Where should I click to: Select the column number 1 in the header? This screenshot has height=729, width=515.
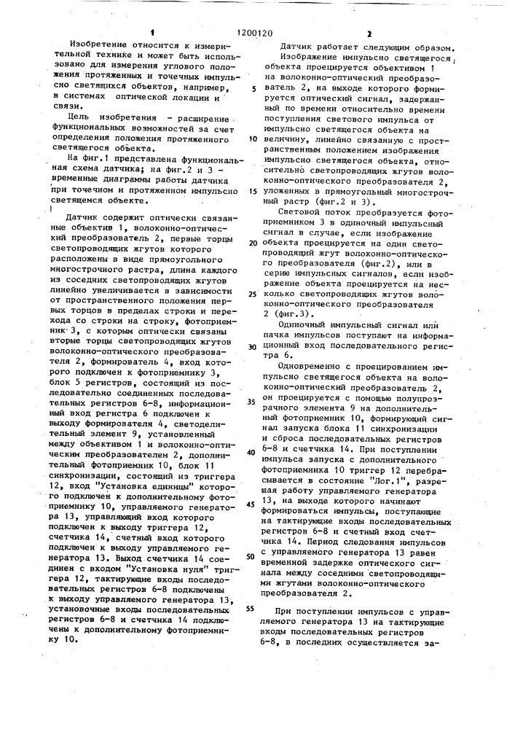pos(154,32)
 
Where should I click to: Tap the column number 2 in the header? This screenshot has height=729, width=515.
pos(369,33)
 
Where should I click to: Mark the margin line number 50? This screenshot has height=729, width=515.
pos(252,555)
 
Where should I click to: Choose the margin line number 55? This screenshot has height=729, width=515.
pos(252,607)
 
